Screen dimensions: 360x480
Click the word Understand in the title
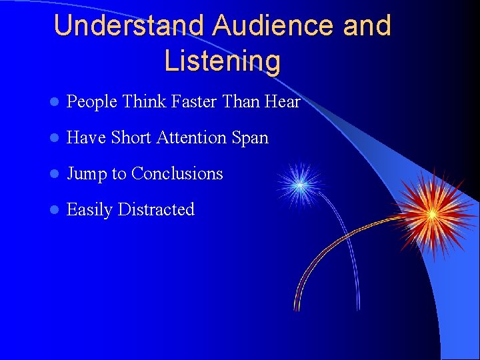[x=130, y=26]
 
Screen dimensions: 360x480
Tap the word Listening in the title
[x=222, y=61]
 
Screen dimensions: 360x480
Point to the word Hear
[x=283, y=102]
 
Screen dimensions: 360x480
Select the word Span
[x=251, y=139]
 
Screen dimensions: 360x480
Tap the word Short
[x=131, y=138]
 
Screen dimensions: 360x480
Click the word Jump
[x=87, y=174]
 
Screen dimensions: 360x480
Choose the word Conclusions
[x=177, y=173]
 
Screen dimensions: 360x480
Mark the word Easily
[x=89, y=210]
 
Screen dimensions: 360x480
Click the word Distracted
[x=156, y=209]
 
